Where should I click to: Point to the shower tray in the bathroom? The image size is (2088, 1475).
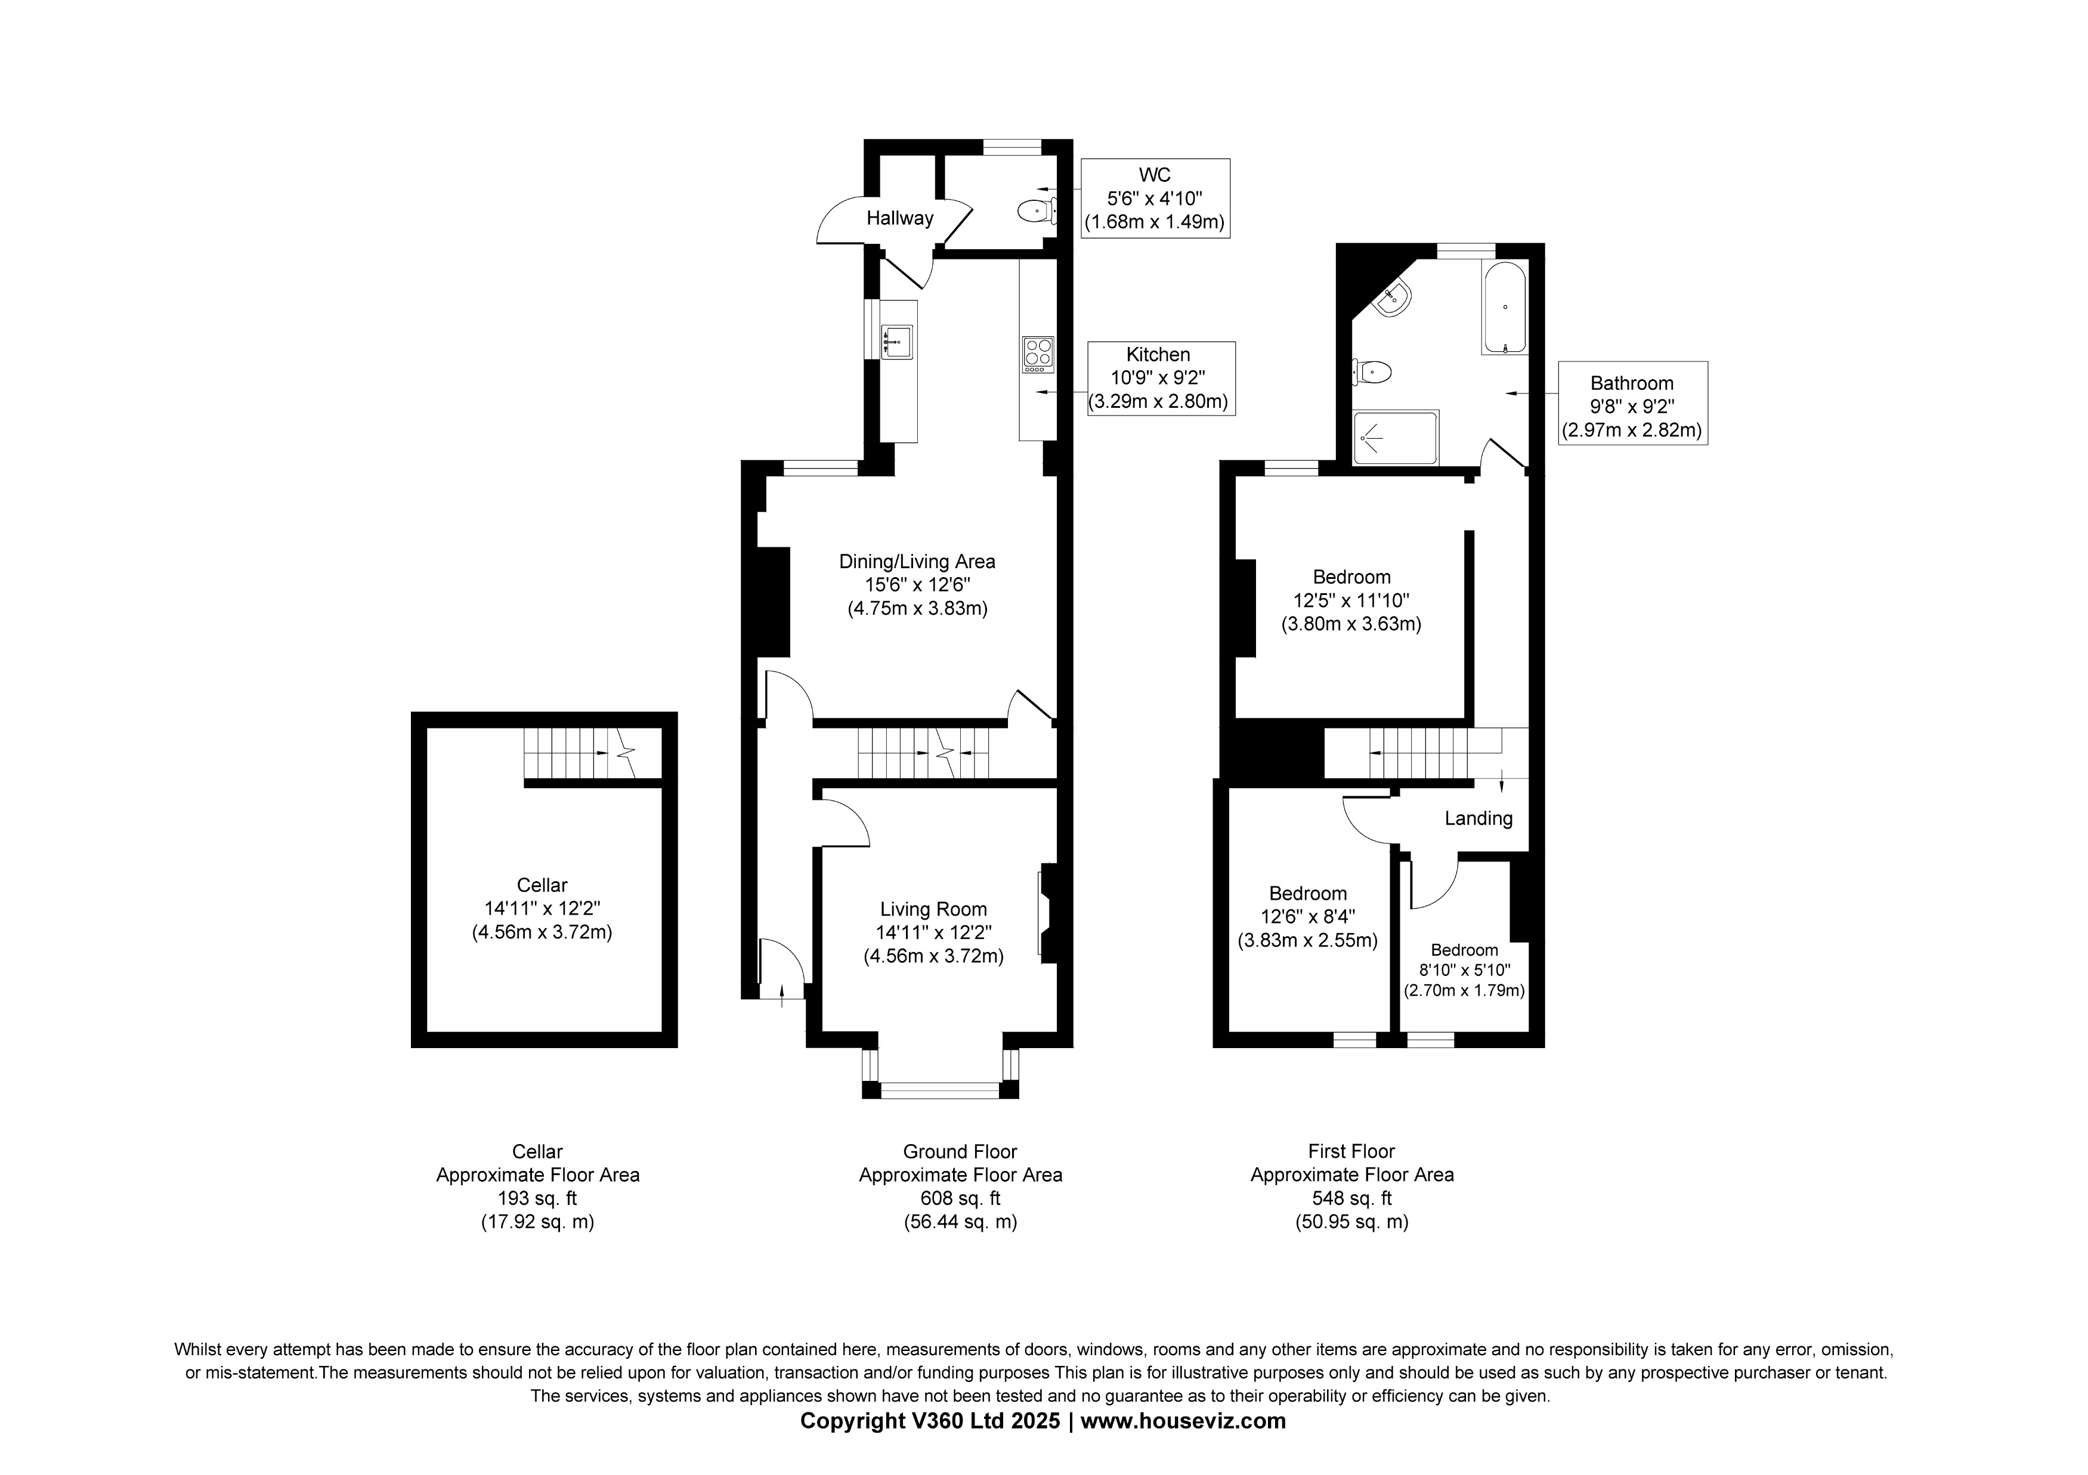[1394, 438]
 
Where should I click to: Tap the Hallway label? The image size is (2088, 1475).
[899, 218]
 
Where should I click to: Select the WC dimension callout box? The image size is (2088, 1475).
[1155, 199]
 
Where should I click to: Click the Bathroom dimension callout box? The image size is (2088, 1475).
[1632, 403]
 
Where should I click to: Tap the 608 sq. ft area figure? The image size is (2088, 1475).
[960, 1198]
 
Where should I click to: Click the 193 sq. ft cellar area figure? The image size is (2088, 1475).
[537, 1198]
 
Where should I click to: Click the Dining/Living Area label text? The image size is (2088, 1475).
[917, 562]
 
